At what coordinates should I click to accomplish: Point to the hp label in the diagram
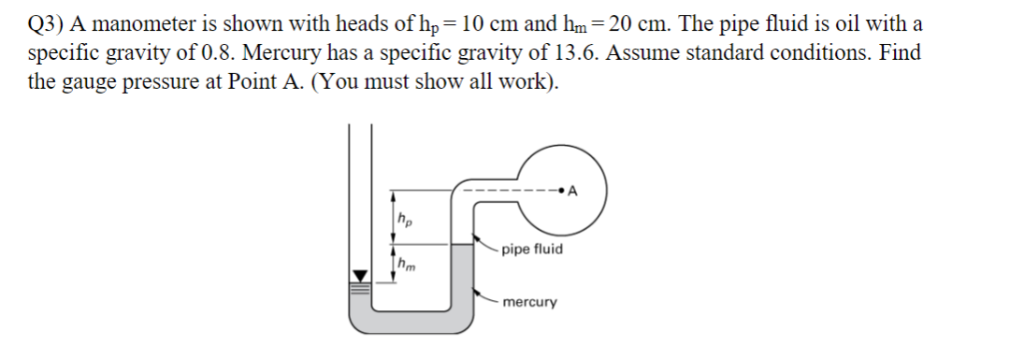[x=405, y=221]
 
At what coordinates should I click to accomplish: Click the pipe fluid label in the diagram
[x=531, y=250]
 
